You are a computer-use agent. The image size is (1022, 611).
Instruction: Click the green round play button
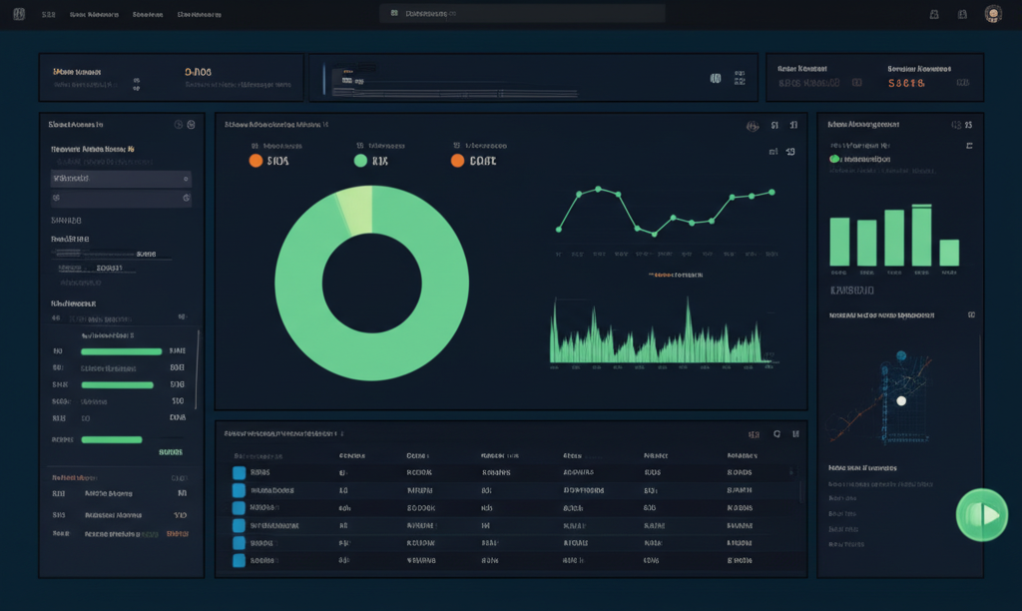[982, 515]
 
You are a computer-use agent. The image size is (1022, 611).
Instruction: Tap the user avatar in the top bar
[992, 14]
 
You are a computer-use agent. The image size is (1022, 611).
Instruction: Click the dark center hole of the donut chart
[372, 284]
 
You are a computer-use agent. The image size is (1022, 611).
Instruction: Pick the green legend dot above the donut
[361, 160]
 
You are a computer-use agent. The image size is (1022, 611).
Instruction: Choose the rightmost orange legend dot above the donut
[457, 160]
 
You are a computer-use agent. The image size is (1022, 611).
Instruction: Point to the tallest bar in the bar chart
[921, 236]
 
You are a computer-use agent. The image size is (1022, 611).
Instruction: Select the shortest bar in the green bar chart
[949, 253]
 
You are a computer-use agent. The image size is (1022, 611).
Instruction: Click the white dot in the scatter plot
[901, 400]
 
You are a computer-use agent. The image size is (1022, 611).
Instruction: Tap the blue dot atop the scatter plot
[901, 355]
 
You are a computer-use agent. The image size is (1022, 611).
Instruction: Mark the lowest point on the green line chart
[654, 234]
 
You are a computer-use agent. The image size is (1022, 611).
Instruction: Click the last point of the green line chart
[771, 191]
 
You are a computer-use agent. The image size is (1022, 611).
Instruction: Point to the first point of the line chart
[559, 230]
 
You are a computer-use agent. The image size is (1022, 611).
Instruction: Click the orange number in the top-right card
[907, 84]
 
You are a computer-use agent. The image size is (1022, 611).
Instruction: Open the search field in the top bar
[522, 14]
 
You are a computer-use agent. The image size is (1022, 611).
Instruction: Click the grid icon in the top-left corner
[19, 14]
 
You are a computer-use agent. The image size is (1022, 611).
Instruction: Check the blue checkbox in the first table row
[239, 472]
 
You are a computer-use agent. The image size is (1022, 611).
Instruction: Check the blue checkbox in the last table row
[239, 560]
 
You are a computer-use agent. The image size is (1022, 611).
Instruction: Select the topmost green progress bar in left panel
[121, 351]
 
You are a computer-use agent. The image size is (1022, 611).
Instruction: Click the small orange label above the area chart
[675, 274]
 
